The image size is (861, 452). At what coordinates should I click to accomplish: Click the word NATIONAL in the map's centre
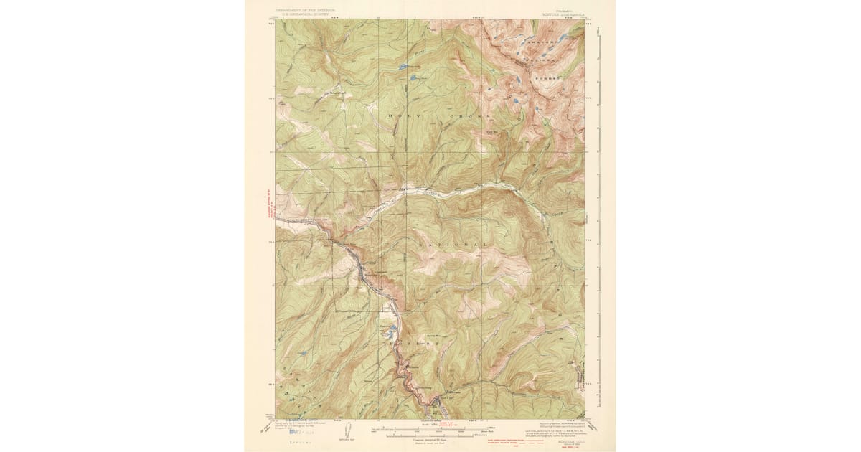click(x=450, y=244)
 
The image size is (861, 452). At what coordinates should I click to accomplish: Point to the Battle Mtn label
click(x=433, y=335)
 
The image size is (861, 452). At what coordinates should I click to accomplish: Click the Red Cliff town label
click(x=446, y=399)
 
